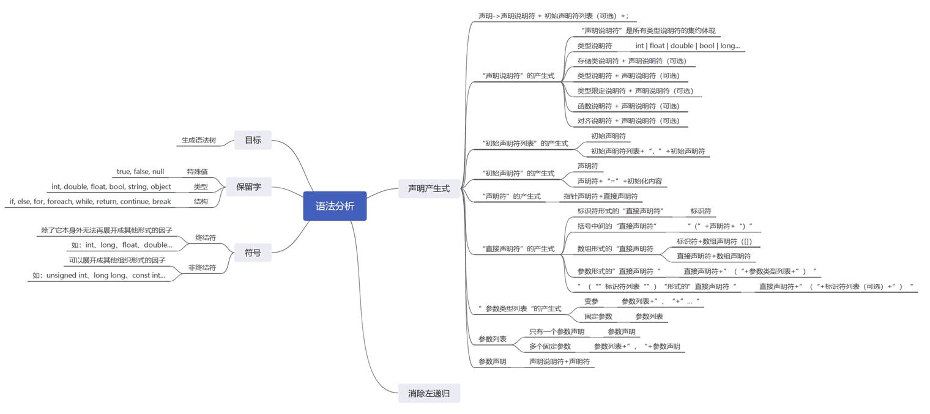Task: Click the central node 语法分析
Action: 335,206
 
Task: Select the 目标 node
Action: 253,140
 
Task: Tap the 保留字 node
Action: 248,187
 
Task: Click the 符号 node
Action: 253,252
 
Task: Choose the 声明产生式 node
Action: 429,188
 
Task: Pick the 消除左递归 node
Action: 429,393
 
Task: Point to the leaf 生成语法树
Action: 199,140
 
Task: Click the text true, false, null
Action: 140,171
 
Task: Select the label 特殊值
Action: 198,171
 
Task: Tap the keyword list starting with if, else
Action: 90,201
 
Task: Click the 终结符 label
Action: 206,237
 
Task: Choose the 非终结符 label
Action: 202,267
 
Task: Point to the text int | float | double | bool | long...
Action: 687,45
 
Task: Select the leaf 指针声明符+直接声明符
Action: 601,196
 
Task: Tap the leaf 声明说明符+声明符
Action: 559,361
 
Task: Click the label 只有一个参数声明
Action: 557,331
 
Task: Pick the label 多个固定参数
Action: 550,346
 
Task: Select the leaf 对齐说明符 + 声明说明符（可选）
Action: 628,120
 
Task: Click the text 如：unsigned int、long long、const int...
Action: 99,275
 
